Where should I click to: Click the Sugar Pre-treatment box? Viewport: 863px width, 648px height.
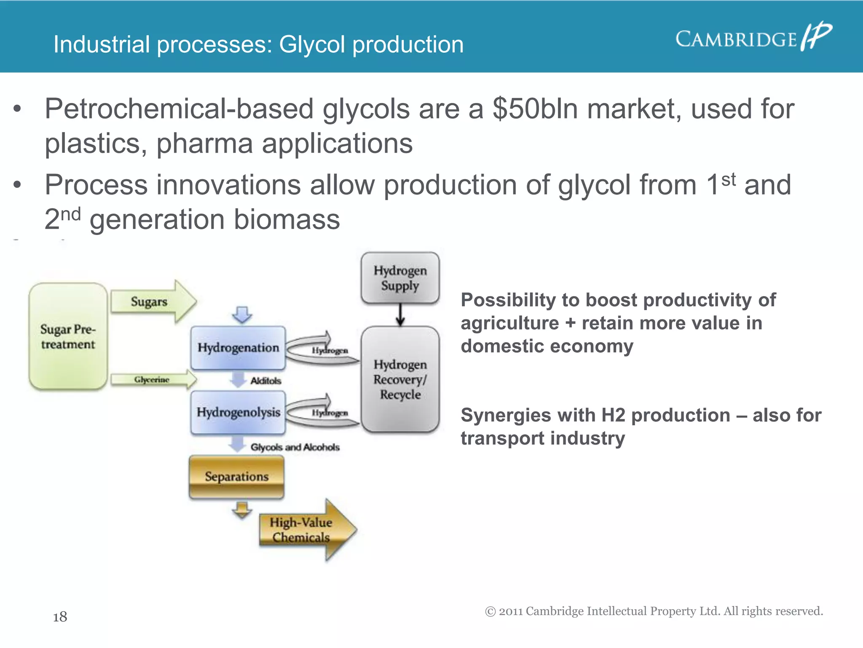tap(68, 336)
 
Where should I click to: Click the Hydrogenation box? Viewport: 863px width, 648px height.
tap(238, 348)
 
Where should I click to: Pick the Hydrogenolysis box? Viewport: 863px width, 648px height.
tap(238, 412)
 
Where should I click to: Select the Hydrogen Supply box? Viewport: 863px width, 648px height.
tap(400, 278)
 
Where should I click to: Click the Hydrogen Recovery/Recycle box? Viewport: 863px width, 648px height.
tap(400, 379)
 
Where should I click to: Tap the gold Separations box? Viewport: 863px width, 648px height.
tap(236, 477)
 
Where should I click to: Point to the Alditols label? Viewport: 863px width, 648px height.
tap(265, 381)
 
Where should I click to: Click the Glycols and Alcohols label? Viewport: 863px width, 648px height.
tap(295, 447)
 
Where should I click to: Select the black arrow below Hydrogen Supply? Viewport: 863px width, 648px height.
tap(400, 315)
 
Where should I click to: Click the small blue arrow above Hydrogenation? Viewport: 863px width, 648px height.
tap(242, 315)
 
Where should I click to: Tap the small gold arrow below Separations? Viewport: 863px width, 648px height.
tap(242, 510)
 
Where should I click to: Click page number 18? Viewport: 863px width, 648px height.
tap(60, 617)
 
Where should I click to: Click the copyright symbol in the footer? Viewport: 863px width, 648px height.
tap(490, 611)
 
